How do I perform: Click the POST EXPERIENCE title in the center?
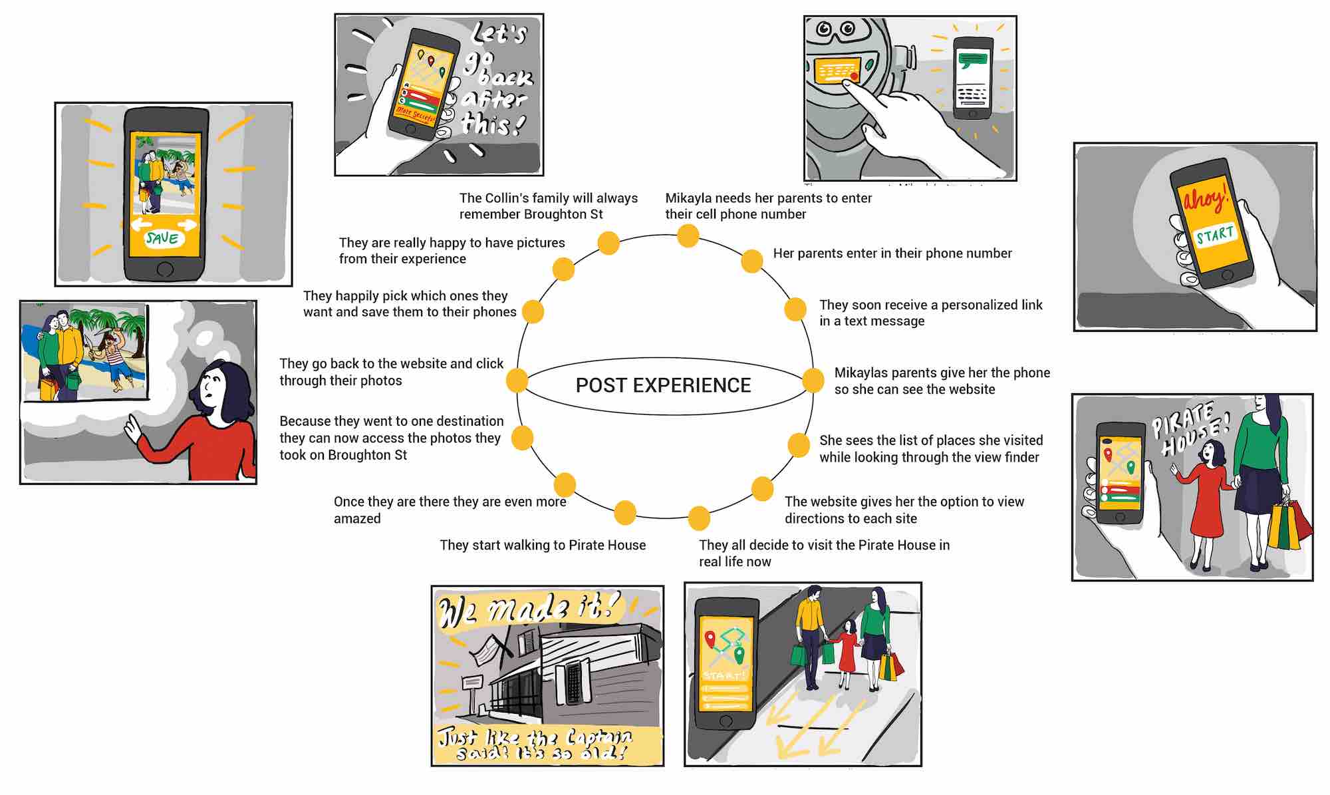click(x=663, y=385)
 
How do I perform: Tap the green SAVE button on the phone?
click(x=162, y=238)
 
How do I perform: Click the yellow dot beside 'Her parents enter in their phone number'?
click(x=751, y=261)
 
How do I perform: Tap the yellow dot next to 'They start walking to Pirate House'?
click(x=625, y=512)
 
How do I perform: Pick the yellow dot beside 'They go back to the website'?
click(x=517, y=381)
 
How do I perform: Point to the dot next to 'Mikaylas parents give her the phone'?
click(x=813, y=381)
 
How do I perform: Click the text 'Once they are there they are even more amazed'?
click(x=450, y=510)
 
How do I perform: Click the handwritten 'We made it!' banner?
click(x=529, y=609)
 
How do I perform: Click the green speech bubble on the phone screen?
click(x=972, y=61)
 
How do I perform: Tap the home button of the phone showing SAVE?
click(x=164, y=269)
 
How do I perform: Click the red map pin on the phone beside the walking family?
click(x=710, y=639)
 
